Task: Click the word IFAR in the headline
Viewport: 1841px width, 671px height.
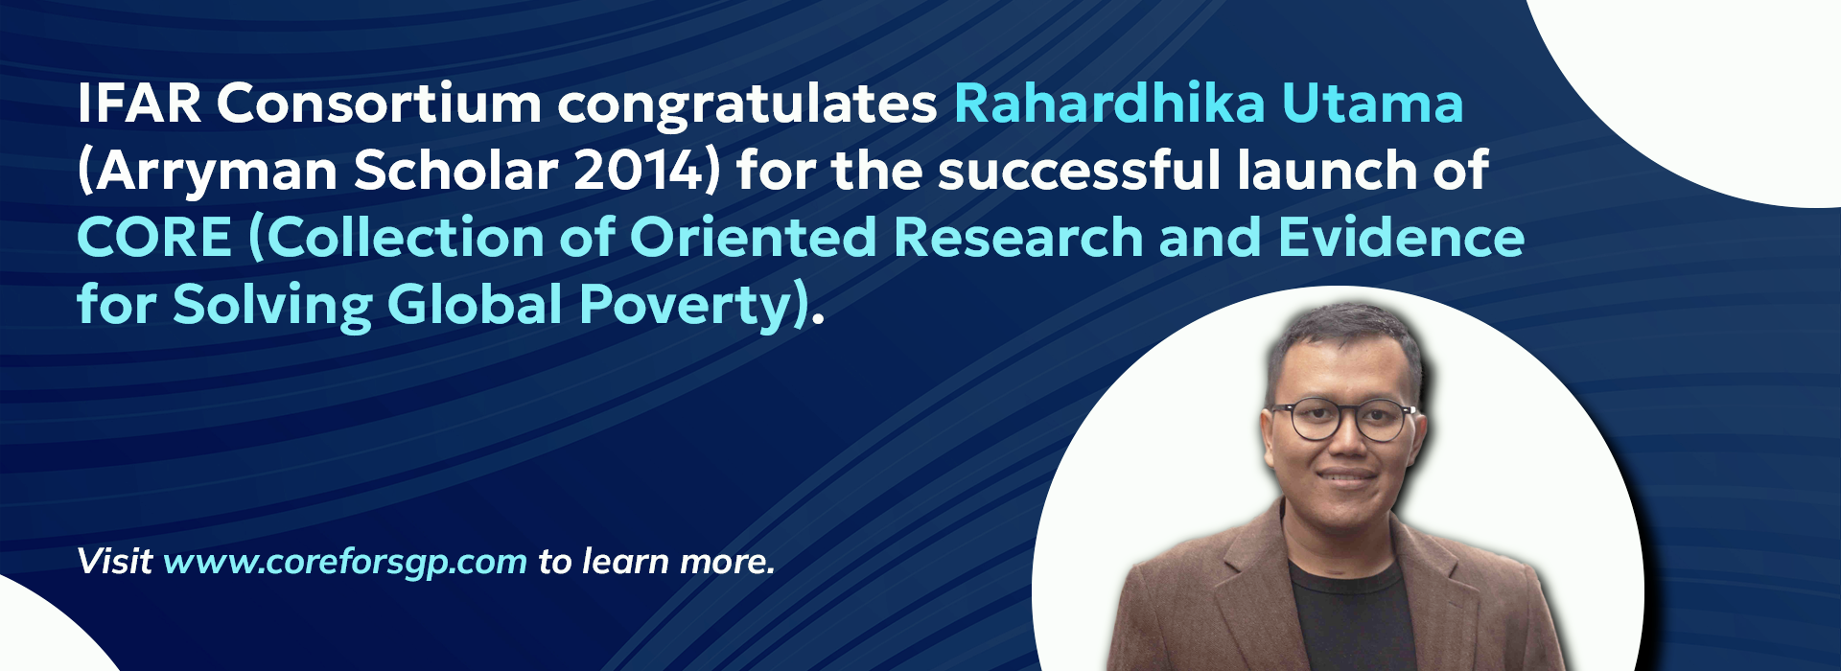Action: [x=139, y=103]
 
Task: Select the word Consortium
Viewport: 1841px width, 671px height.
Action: [x=379, y=103]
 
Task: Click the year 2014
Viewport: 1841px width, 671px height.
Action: [x=641, y=171]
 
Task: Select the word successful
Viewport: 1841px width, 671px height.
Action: [x=1079, y=170]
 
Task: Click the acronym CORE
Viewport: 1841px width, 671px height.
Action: [x=154, y=237]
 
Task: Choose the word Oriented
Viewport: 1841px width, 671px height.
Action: [x=753, y=237]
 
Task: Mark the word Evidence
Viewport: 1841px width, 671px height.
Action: [x=1401, y=237]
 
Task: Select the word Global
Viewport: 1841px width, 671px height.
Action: [x=475, y=304]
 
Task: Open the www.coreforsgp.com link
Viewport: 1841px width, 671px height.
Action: [x=345, y=563]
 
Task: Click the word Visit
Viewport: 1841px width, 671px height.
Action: [x=114, y=561]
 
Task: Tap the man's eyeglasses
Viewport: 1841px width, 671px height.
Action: [x=1341, y=420]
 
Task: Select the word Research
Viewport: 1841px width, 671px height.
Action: [x=1018, y=237]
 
